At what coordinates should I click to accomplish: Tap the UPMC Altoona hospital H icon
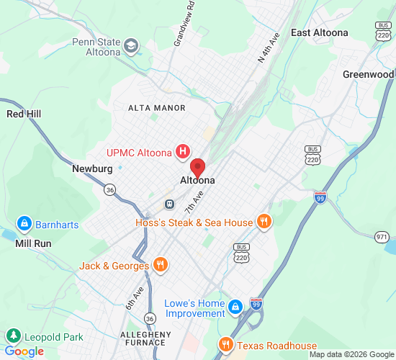[x=184, y=152]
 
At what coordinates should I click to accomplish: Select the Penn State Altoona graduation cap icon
[x=131, y=48]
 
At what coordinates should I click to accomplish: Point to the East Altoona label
[x=319, y=32]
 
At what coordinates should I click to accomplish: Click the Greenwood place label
[x=368, y=74]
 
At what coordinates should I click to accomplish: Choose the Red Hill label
[x=25, y=114]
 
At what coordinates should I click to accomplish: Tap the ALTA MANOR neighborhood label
[x=156, y=108]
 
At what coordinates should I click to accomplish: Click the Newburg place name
[x=92, y=169]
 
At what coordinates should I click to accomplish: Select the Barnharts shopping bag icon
[x=25, y=225]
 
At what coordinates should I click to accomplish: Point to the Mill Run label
[x=33, y=243]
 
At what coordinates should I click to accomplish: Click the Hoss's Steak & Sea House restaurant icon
[x=264, y=222]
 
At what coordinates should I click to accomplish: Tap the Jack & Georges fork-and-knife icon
[x=161, y=266]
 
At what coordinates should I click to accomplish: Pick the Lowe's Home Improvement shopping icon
[x=235, y=308]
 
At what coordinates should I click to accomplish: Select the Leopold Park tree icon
[x=13, y=336]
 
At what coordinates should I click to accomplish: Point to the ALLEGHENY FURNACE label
[x=145, y=339]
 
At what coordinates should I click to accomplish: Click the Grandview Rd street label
[x=179, y=30]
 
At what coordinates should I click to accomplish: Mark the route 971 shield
[x=382, y=237]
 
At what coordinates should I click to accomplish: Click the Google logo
[x=24, y=351]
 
